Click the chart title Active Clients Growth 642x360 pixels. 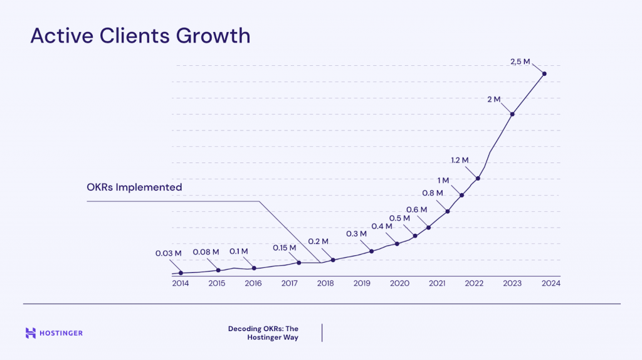pyautogui.click(x=140, y=36)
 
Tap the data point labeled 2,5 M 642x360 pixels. pyautogui.click(x=544, y=74)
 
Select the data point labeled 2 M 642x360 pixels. pyautogui.click(x=513, y=114)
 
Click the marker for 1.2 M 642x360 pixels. pyautogui.click(x=478, y=178)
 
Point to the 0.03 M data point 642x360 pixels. pyautogui.click(x=181, y=273)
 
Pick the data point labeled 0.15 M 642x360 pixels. pyautogui.click(x=298, y=263)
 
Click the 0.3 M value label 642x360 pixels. pyautogui.click(x=356, y=234)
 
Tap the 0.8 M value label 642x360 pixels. pyautogui.click(x=432, y=193)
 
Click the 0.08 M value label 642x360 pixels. pyautogui.click(x=206, y=252)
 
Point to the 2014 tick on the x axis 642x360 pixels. pyautogui.click(x=181, y=283)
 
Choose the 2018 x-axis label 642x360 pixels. pyautogui.click(x=325, y=283)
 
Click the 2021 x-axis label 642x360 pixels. pyautogui.click(x=437, y=283)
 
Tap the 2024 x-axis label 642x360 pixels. pyautogui.click(x=551, y=283)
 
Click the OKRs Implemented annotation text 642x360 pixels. pyautogui.click(x=134, y=187)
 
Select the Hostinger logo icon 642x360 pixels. pyautogui.click(x=31, y=333)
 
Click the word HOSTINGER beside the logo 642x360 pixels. pyautogui.click(x=62, y=333)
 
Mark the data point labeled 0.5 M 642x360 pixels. pyautogui.click(x=415, y=236)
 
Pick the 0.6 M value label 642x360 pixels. pyautogui.click(x=416, y=209)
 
